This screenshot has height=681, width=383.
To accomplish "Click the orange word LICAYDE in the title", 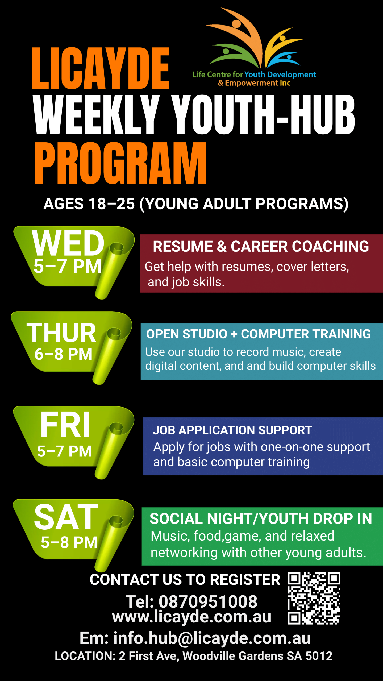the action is [101, 68].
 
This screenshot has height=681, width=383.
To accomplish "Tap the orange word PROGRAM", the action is [120, 163].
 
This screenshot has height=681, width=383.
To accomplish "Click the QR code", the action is [314, 598].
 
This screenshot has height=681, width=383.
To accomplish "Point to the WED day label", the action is [68, 243].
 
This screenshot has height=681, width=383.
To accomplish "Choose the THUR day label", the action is [61, 333].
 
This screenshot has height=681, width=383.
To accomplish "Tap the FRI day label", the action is [65, 425].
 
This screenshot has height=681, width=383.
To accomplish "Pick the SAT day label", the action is [66, 517].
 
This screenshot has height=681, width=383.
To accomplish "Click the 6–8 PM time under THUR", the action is [64, 354].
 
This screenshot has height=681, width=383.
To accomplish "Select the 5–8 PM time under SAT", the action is [69, 542].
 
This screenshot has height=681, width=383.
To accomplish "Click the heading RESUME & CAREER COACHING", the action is [261, 246].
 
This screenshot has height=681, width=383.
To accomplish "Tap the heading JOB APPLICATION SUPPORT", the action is [232, 430].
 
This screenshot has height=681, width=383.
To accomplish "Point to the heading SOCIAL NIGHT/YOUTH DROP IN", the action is [261, 519].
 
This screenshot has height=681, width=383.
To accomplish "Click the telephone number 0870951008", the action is [208, 602].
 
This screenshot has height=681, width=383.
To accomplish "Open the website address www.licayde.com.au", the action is [192, 617].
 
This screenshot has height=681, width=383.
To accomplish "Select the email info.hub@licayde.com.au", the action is [212, 638].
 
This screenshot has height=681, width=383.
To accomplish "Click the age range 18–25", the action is [112, 204].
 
